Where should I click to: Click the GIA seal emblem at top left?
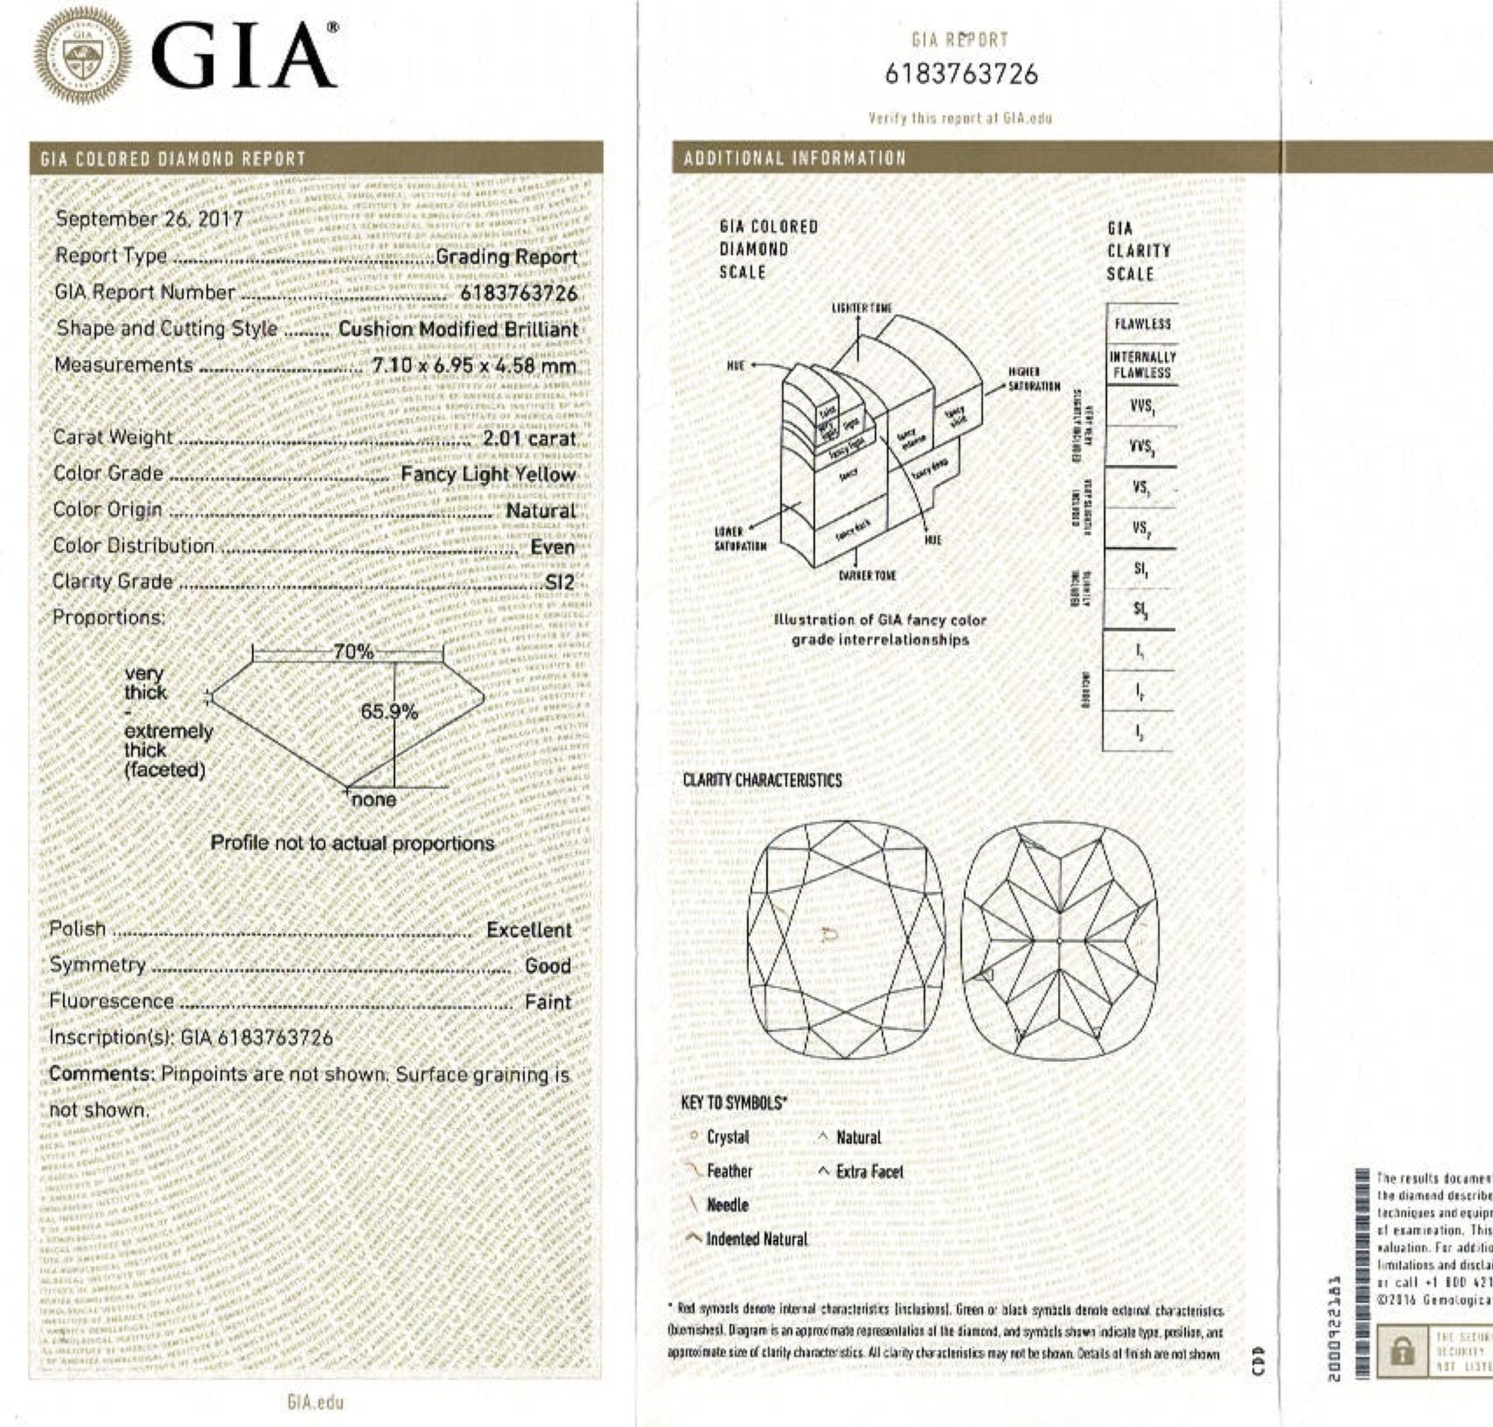(x=84, y=58)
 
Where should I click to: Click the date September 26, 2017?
(x=150, y=219)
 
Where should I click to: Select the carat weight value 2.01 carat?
(x=529, y=438)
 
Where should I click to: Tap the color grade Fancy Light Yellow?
(x=488, y=475)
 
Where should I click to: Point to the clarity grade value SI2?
(x=560, y=582)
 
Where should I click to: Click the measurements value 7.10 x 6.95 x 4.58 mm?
(x=474, y=365)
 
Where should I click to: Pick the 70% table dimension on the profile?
(x=353, y=652)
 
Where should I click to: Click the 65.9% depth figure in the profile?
(x=389, y=712)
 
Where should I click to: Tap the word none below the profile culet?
(x=374, y=800)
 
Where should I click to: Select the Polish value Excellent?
(x=528, y=930)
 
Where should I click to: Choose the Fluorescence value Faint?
(x=548, y=1002)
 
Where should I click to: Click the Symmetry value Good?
(x=548, y=966)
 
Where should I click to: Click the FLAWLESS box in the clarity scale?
(x=1142, y=324)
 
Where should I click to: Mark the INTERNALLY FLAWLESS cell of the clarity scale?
(x=1142, y=365)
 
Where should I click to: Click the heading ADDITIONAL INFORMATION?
(x=794, y=158)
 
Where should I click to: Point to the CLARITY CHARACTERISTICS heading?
(x=762, y=780)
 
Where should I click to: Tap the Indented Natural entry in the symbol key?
(x=757, y=1239)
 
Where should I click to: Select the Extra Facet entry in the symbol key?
(x=869, y=1172)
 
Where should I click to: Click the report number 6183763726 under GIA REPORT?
(x=961, y=74)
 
